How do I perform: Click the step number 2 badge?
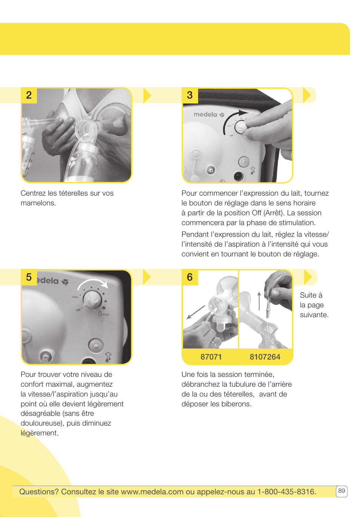[x=29, y=95]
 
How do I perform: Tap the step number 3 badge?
[x=190, y=95]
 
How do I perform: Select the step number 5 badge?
[x=29, y=277]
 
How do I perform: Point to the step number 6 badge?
[x=190, y=277]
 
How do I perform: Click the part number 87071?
[x=211, y=357]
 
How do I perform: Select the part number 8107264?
[x=265, y=357]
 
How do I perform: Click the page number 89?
[x=342, y=491]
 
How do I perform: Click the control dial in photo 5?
[x=92, y=299]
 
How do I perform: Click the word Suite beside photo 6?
[x=308, y=295]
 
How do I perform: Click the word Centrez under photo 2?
[x=33, y=193]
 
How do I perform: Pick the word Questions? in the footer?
[x=39, y=492]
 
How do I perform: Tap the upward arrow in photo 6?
[x=259, y=301]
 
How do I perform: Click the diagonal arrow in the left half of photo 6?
[x=196, y=312]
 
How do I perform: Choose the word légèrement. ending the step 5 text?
[x=40, y=433]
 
